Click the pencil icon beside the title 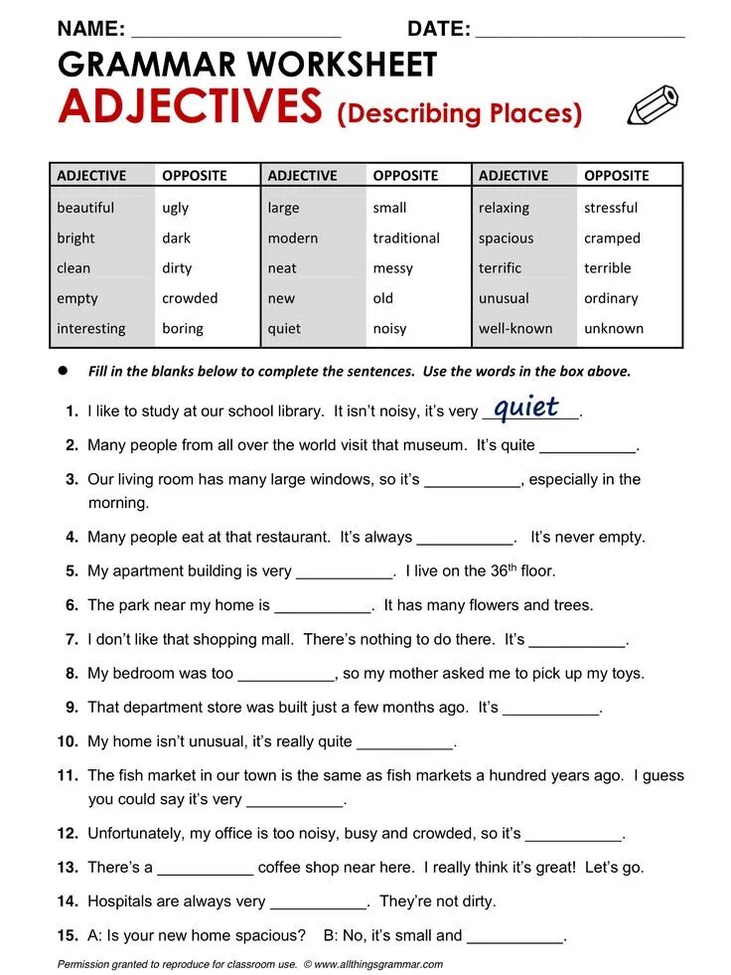point(653,105)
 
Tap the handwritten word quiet point(526,406)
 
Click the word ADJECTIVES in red point(190,107)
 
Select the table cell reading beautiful point(85,208)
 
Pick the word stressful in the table point(611,208)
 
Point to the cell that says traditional point(406,239)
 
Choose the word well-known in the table point(515,328)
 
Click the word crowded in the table point(190,298)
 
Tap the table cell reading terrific point(500,268)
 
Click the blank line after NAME point(235,30)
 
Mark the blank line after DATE point(580,30)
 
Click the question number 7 point(72,639)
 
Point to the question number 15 point(68,935)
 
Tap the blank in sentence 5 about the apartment point(345,572)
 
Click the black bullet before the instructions point(62,370)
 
